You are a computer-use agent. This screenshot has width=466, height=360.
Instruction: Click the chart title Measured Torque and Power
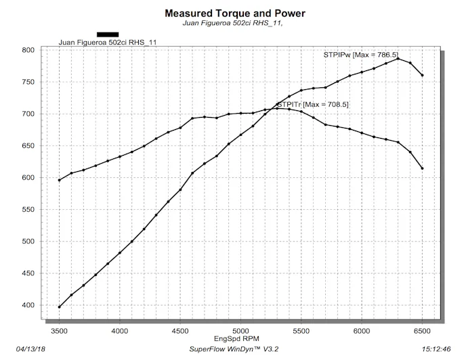(234, 14)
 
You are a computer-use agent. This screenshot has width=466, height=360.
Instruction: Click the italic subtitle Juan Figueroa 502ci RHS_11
(233, 24)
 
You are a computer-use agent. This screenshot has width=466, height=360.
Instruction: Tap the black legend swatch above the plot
(108, 35)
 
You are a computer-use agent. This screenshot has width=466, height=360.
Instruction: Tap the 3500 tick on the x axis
(60, 330)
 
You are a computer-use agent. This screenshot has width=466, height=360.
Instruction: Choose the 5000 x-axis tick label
(240, 330)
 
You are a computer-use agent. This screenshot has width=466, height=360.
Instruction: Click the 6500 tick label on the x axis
(422, 330)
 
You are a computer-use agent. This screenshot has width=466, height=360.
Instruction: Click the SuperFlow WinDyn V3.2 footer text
(233, 350)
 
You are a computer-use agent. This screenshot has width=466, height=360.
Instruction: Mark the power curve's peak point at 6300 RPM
(398, 59)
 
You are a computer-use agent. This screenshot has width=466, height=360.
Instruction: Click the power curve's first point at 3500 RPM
(60, 307)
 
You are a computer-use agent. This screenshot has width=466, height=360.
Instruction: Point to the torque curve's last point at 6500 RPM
(422, 168)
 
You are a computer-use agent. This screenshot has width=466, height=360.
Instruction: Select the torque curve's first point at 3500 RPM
(60, 180)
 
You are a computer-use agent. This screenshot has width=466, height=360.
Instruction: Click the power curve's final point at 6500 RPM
(422, 75)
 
